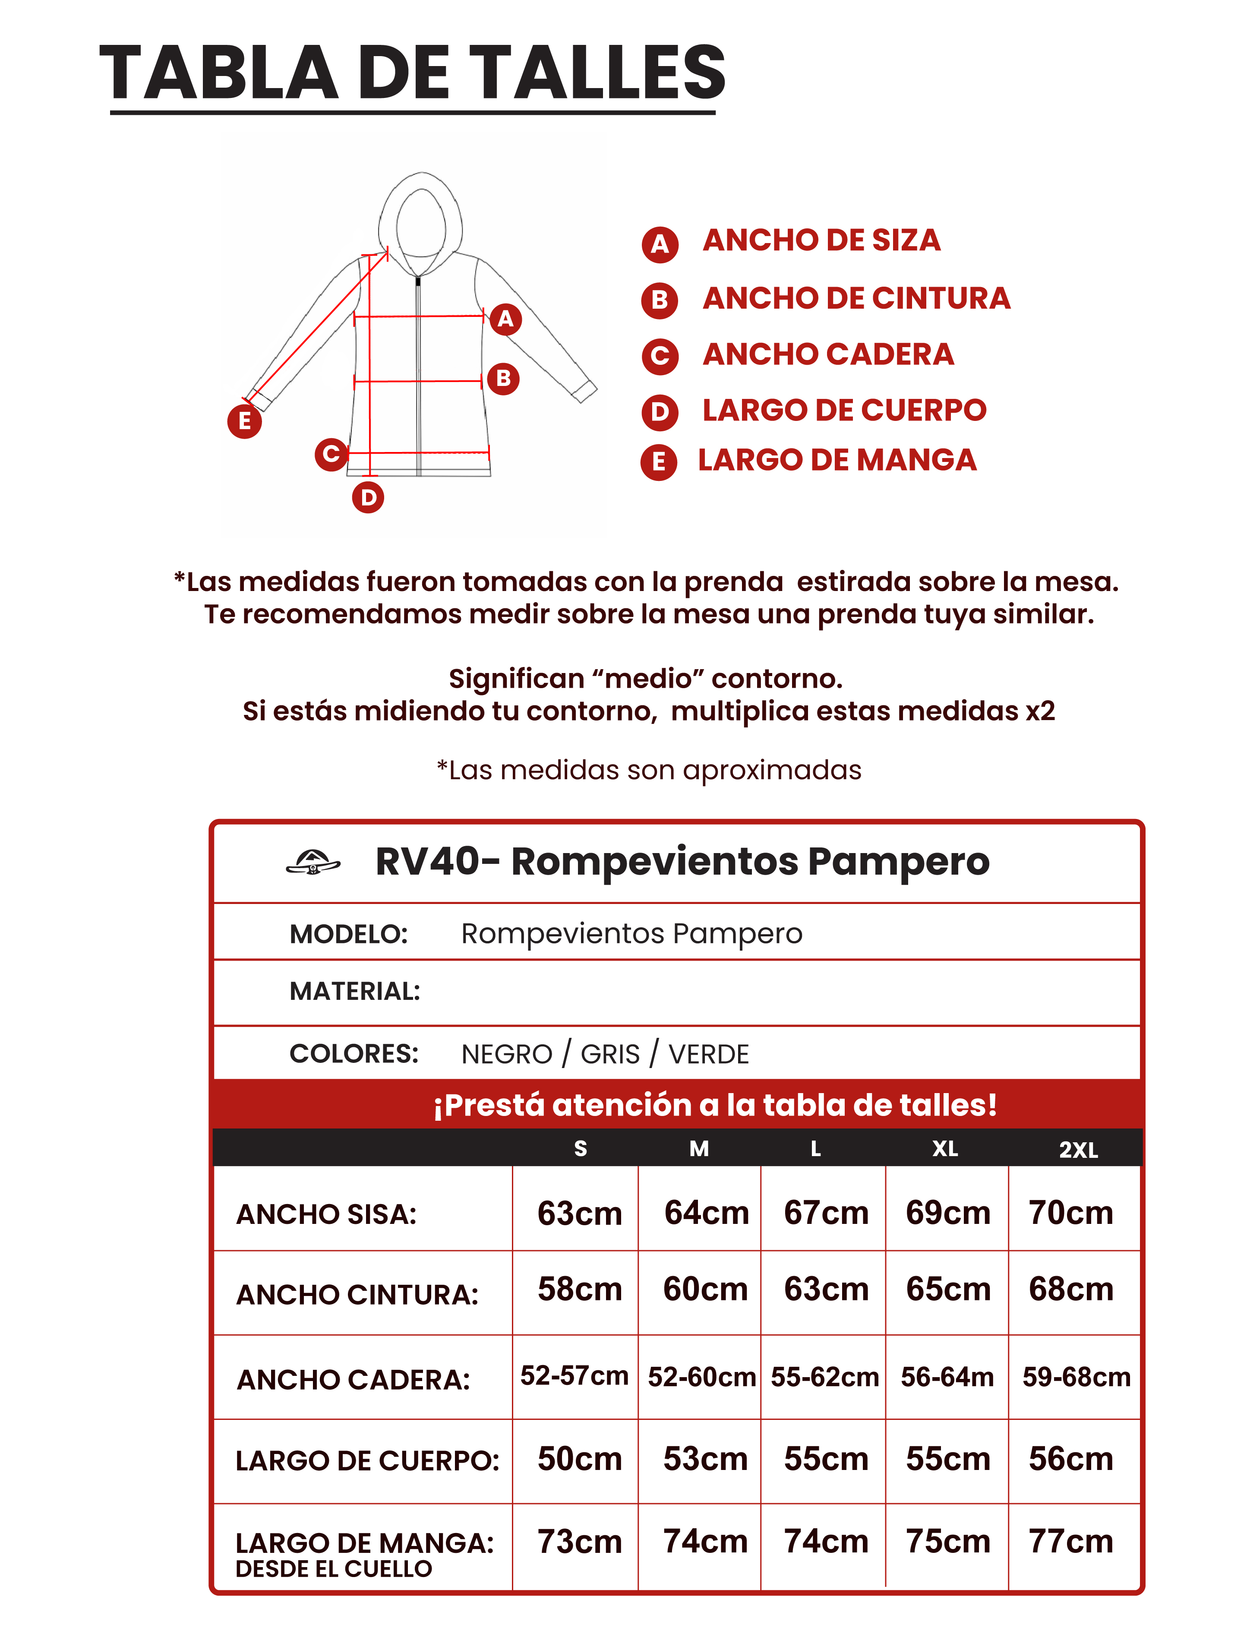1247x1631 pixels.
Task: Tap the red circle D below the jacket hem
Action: click(368, 497)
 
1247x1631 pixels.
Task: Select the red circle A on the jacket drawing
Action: click(505, 319)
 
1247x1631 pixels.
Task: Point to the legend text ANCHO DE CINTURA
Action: click(856, 298)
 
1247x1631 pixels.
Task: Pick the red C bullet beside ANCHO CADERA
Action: click(659, 356)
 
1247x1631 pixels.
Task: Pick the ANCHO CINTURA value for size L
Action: click(826, 1290)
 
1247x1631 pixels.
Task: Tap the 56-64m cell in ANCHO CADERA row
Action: click(947, 1377)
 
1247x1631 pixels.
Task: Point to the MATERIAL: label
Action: click(355, 991)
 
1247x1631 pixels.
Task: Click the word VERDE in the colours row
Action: click(709, 1054)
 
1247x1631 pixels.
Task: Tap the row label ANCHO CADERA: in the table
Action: click(354, 1379)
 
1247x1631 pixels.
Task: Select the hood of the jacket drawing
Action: click(421, 219)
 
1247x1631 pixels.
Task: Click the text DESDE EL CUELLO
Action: click(334, 1569)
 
